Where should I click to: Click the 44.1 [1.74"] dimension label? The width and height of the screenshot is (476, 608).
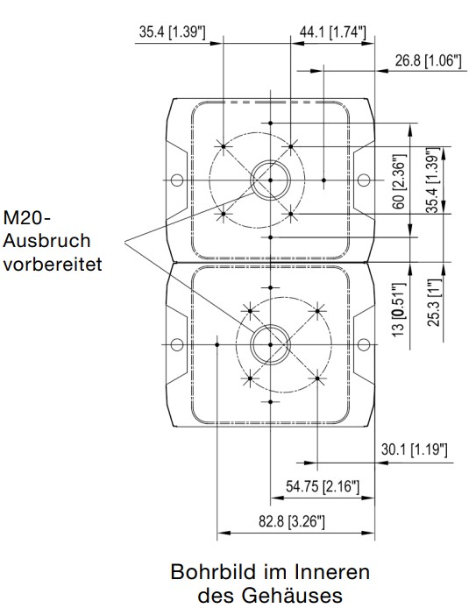(332, 32)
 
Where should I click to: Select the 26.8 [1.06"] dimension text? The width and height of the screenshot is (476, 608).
(429, 60)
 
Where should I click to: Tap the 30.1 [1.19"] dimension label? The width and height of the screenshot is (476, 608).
(415, 449)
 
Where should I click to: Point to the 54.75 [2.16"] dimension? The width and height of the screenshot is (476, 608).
(323, 486)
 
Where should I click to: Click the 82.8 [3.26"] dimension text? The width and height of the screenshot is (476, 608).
(291, 521)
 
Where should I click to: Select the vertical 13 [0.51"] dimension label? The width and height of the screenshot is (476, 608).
(399, 310)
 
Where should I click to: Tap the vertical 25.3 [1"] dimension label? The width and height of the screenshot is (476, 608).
(435, 303)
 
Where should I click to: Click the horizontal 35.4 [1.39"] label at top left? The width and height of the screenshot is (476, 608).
(172, 32)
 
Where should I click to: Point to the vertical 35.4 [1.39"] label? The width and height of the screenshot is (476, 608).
(434, 180)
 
